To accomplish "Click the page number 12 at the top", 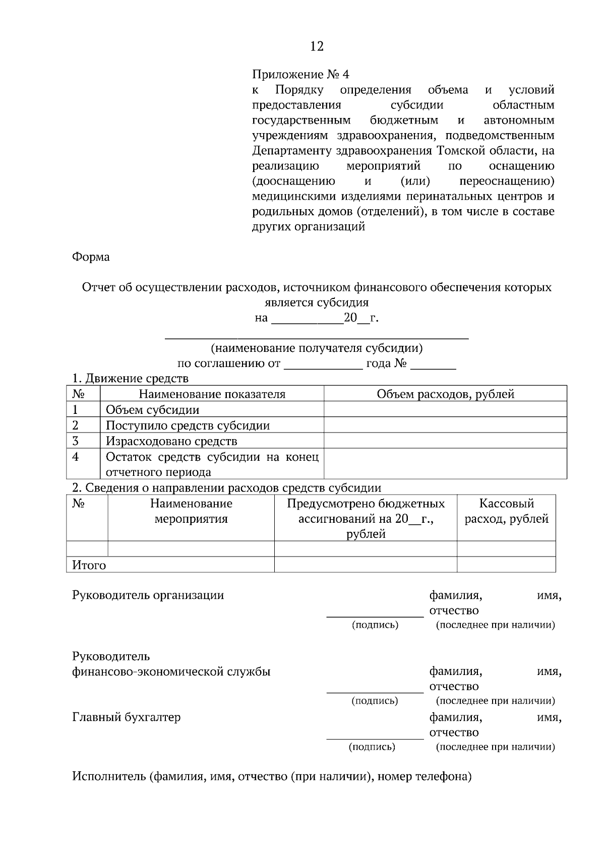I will tap(317, 47).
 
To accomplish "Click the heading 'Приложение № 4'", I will tap(300, 75).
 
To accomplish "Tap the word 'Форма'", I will tap(91, 257).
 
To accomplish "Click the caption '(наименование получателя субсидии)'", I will tap(317, 348).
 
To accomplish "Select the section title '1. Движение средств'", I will tap(130, 378).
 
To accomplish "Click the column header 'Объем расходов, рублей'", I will tap(445, 394).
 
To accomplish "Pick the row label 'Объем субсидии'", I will tap(152, 410).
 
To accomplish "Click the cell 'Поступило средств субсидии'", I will tap(188, 425).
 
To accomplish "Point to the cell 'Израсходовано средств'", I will tap(171, 441).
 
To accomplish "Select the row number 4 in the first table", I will tap(76, 457).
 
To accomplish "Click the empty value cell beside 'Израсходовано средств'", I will tap(445, 441).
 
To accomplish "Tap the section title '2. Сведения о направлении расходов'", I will tap(226, 487).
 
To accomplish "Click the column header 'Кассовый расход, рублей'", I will tap(506, 511).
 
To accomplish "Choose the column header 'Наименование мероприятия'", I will tap(191, 511).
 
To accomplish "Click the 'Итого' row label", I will tap(89, 565).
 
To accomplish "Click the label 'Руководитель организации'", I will tap(148, 595).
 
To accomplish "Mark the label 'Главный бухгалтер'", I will tap(126, 717).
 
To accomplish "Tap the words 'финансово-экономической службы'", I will tap(171, 671).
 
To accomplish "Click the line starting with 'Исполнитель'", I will tap(272, 776).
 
